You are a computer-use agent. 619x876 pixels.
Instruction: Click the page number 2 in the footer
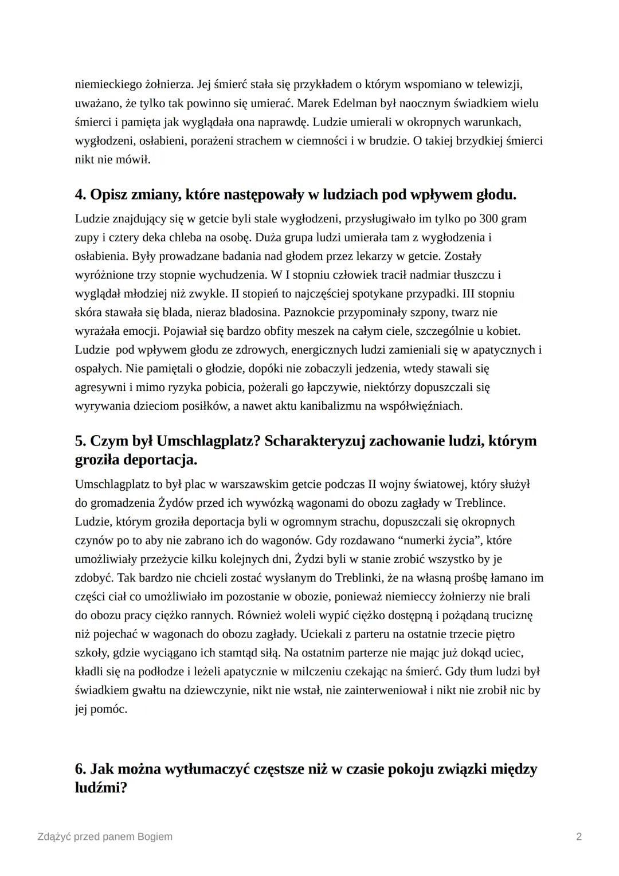tap(579, 836)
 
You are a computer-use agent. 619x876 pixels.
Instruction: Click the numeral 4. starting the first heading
tap(81, 195)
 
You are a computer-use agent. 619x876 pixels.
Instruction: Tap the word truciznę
tap(511, 615)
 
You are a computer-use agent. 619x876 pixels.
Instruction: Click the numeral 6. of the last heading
tap(81, 769)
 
